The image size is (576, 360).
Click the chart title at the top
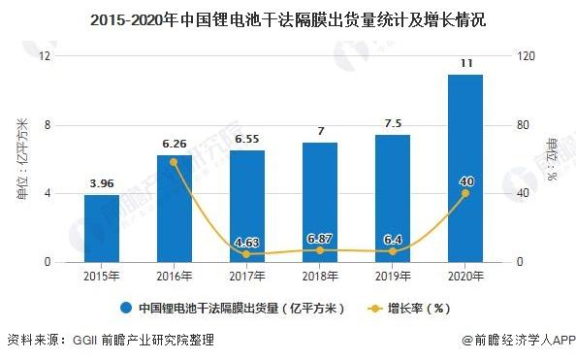click(x=287, y=18)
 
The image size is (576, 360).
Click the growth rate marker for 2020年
click(x=465, y=193)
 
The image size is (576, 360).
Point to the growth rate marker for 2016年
click(x=174, y=162)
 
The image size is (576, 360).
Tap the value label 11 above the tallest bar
click(x=465, y=63)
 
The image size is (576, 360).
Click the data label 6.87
click(x=320, y=238)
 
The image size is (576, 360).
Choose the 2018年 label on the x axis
click(x=320, y=277)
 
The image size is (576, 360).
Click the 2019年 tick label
click(x=393, y=277)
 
